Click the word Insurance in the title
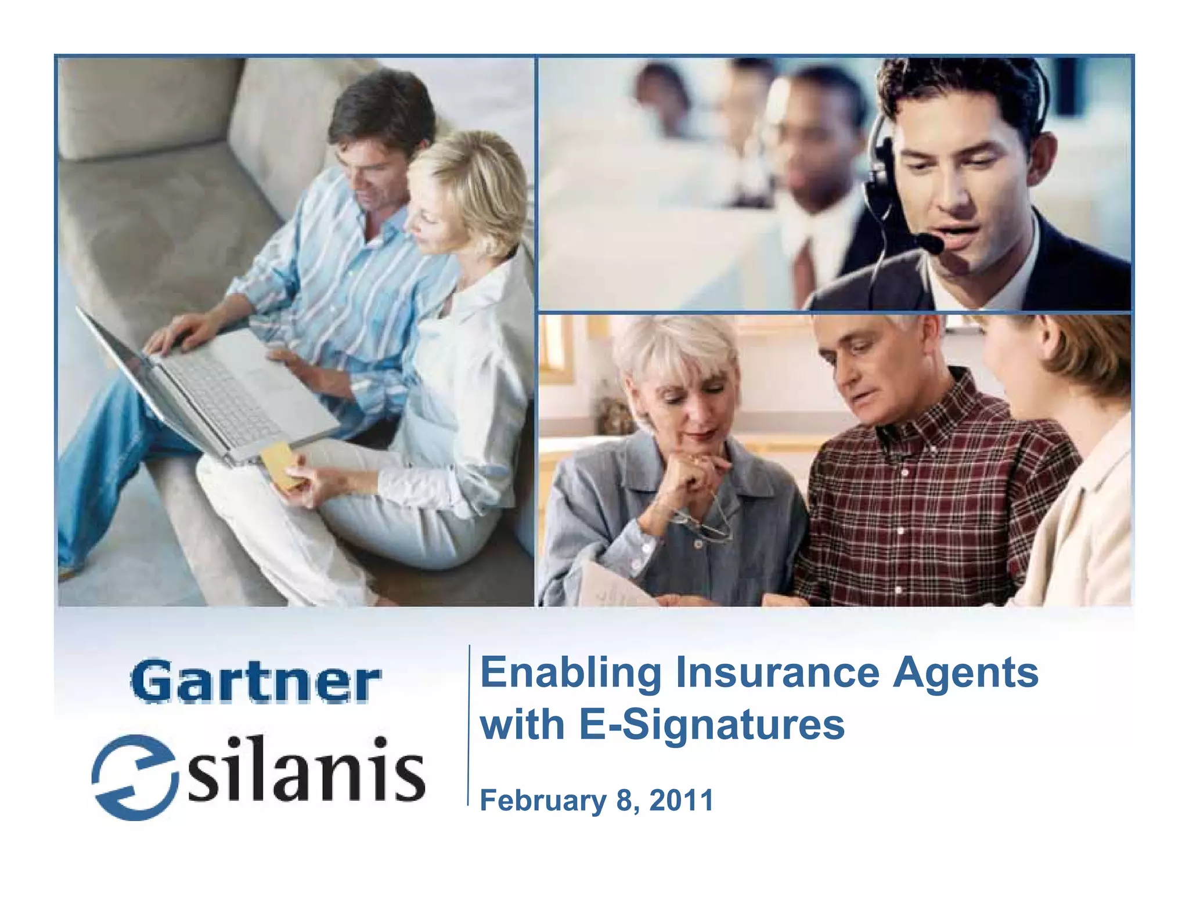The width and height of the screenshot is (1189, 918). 777,673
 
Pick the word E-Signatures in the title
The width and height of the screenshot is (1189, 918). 712,725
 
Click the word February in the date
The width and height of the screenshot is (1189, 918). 543,801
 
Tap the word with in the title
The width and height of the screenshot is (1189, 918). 522,725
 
